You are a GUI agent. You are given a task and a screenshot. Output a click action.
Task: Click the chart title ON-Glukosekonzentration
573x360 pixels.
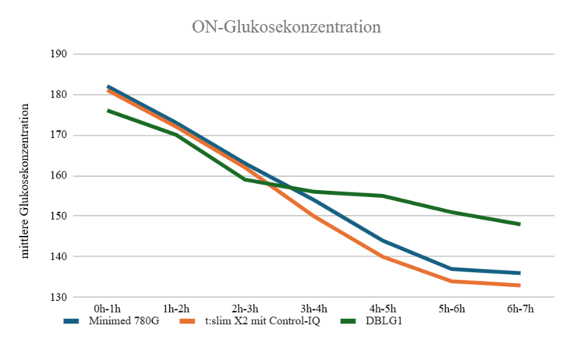click(286, 27)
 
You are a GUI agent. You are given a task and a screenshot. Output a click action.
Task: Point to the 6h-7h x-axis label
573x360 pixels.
click(519, 309)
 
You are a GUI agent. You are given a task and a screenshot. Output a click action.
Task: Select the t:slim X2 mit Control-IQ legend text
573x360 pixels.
click(265, 320)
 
